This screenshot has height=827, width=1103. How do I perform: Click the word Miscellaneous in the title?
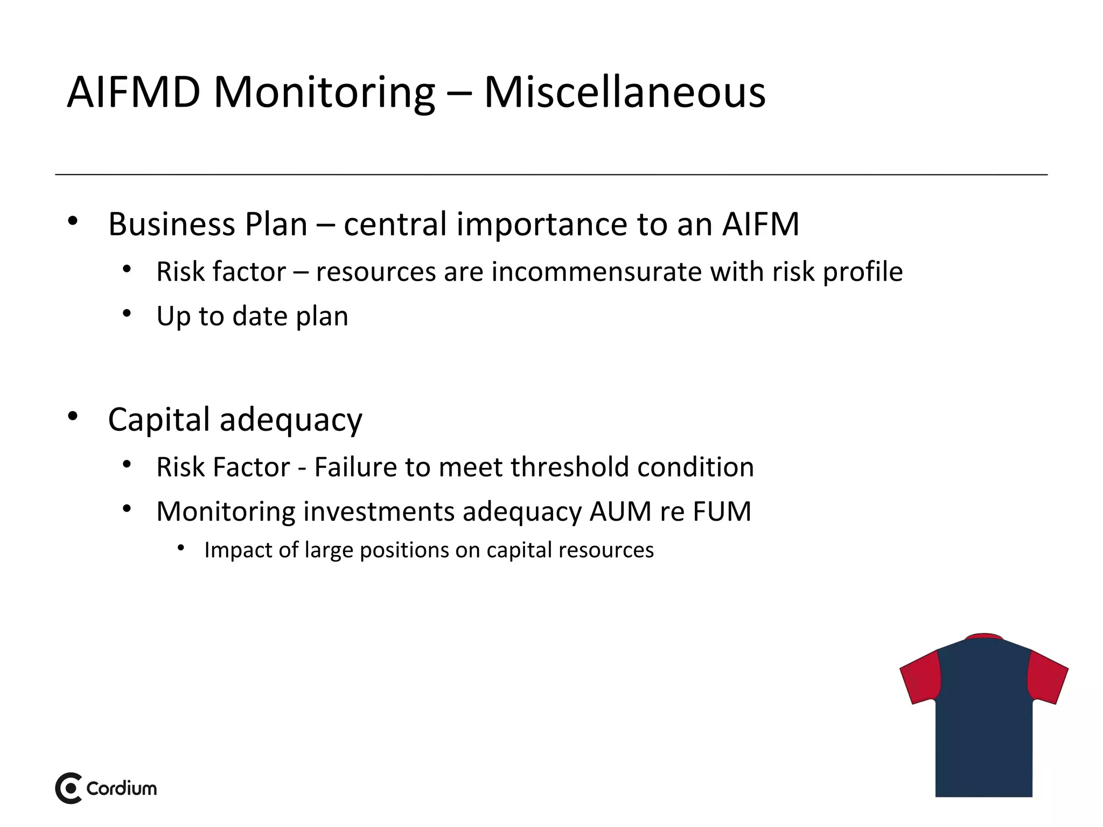pyautogui.click(x=625, y=93)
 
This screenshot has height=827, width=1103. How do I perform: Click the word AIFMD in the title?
pyautogui.click(x=134, y=93)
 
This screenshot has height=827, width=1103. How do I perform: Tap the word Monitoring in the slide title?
pyautogui.click(x=324, y=93)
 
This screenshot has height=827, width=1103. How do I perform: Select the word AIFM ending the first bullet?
pyautogui.click(x=760, y=224)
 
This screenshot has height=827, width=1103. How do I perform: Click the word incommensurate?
pyautogui.click(x=596, y=271)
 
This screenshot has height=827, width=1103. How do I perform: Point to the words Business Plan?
pyautogui.click(x=207, y=224)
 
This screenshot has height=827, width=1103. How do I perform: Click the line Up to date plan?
pyautogui.click(x=252, y=316)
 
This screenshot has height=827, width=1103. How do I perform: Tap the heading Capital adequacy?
pyautogui.click(x=235, y=419)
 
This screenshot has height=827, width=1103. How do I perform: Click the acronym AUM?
pyautogui.click(x=620, y=511)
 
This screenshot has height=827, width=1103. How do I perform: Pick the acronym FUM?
pyautogui.click(x=722, y=511)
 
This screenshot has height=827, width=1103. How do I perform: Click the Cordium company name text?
pyautogui.click(x=122, y=788)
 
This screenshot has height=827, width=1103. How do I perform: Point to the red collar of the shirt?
pyautogui.click(x=984, y=637)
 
